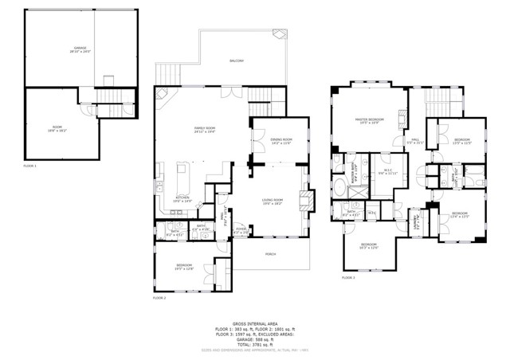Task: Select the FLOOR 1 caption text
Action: click(30, 166)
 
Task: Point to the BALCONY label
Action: click(237, 61)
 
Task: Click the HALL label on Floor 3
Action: click(415, 140)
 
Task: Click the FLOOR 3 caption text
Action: click(348, 278)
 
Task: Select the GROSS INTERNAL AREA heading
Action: click(255, 323)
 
